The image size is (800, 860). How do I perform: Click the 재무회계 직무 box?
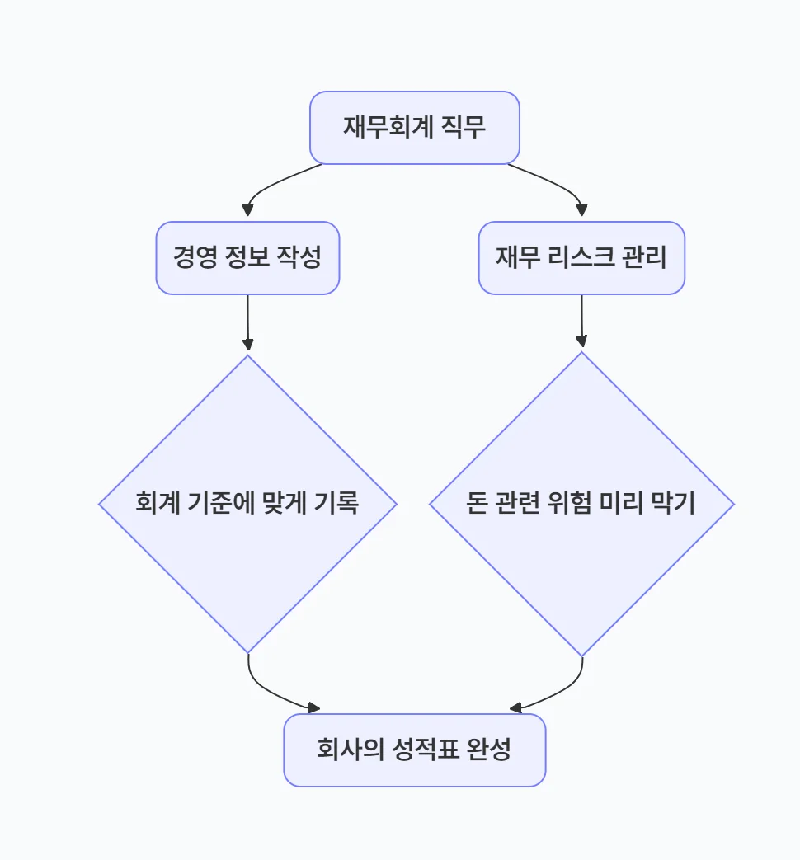[414, 128]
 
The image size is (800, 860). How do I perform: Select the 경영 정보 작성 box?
[247, 257]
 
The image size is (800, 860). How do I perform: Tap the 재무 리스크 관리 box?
[581, 257]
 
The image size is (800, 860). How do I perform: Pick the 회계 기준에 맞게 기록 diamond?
[247, 504]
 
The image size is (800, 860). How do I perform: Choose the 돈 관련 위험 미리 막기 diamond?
[581, 504]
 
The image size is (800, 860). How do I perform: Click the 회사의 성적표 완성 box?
[414, 750]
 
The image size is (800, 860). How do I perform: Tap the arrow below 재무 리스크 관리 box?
[582, 322]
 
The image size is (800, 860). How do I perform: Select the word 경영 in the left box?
[195, 257]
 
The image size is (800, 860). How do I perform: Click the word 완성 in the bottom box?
[490, 750]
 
